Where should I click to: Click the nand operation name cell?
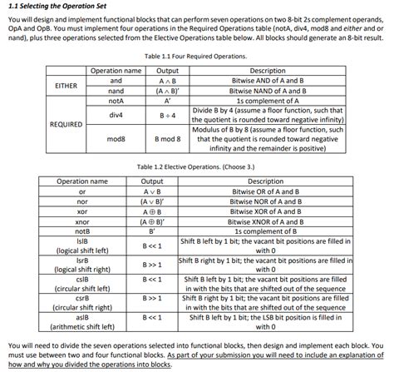116,90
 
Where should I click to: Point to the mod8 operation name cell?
116,139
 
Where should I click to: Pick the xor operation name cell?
81,211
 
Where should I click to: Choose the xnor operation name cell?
81,221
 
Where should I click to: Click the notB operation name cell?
81,231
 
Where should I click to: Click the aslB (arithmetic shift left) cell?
81,322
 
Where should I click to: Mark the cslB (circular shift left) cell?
81,284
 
